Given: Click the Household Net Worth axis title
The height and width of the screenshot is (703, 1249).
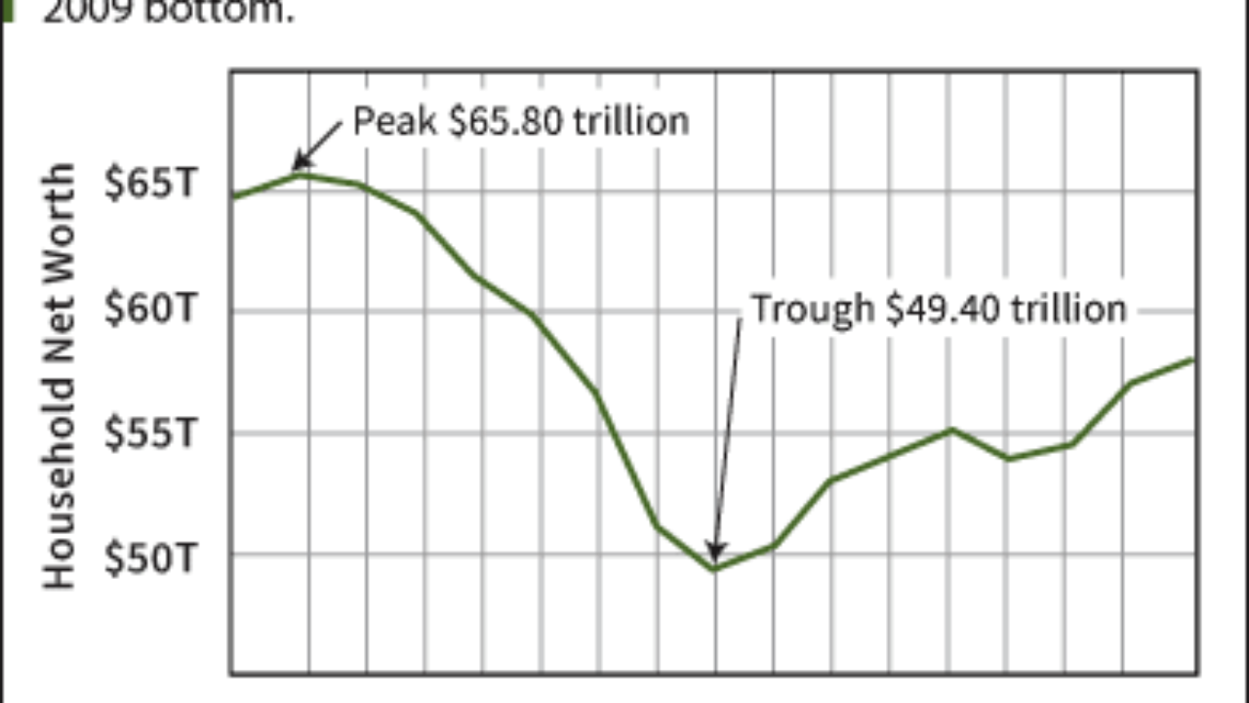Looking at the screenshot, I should coord(60,376).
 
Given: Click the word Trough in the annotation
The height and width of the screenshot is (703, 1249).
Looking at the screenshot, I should coord(812,309).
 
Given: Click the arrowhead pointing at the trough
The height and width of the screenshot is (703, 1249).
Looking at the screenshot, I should coord(716,554).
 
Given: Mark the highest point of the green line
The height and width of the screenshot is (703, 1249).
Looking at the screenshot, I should coord(302,175).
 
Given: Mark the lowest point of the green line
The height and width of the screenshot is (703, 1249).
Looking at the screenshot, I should coord(715,569).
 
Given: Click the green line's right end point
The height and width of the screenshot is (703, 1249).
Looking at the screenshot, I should coord(1193,359).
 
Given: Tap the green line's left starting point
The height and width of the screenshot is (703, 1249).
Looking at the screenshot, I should coord(232,197).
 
